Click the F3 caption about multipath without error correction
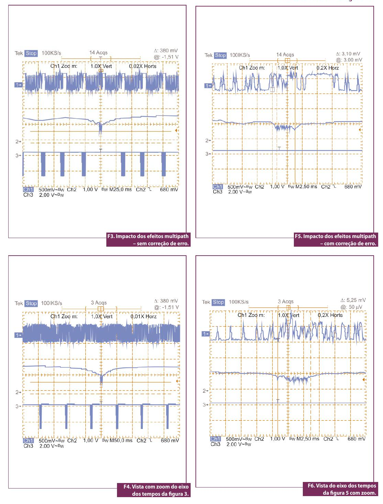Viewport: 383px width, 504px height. pyautogui.click(x=148, y=240)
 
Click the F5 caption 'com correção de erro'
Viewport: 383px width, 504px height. pyautogui.click(x=336, y=240)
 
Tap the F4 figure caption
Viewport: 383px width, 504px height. pyautogui.click(x=154, y=490)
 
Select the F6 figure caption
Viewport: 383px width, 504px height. pyautogui.click(x=341, y=489)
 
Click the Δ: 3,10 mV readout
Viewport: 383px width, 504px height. pyautogui.click(x=348, y=54)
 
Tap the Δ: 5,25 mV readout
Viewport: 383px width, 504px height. pyautogui.click(x=353, y=300)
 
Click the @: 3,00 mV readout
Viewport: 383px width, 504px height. pyautogui.click(x=349, y=60)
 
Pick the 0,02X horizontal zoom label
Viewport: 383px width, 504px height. pyautogui.click(x=142, y=66)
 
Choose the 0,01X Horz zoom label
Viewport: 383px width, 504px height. pyautogui.click(x=143, y=317)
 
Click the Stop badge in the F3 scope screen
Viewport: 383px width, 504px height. pyautogui.click(x=31, y=53)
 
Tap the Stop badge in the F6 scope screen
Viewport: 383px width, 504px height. pyautogui.click(x=218, y=302)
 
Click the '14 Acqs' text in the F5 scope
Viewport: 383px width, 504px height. pyautogui.click(x=285, y=55)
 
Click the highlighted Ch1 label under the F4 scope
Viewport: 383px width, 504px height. pyautogui.click(x=28, y=440)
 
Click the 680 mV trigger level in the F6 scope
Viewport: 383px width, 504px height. pyautogui.click(x=357, y=439)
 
